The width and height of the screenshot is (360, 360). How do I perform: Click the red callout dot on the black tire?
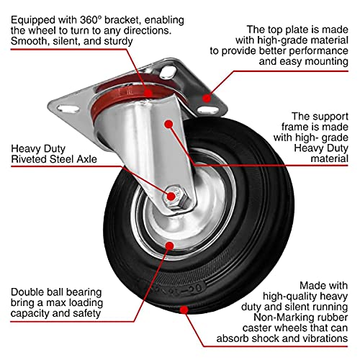click(x=186, y=311)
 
